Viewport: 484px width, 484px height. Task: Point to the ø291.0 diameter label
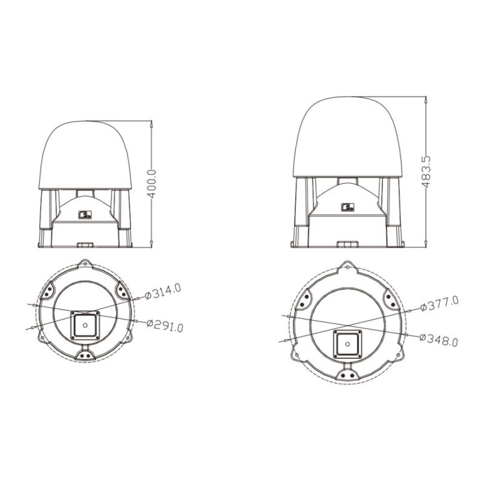pyautogui.click(x=165, y=325)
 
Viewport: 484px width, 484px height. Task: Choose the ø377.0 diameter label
pyautogui.click(x=439, y=304)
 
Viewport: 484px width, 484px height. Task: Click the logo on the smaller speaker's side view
pyautogui.click(x=86, y=215)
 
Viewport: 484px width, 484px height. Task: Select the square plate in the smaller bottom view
pyautogui.click(x=85, y=325)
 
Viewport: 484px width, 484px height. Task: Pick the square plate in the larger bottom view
pyautogui.click(x=347, y=343)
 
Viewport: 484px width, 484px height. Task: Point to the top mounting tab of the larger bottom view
pyautogui.click(x=347, y=266)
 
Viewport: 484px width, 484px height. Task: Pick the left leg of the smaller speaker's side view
pyautogui.click(x=47, y=215)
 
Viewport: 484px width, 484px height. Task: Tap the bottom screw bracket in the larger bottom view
pyautogui.click(x=347, y=373)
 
